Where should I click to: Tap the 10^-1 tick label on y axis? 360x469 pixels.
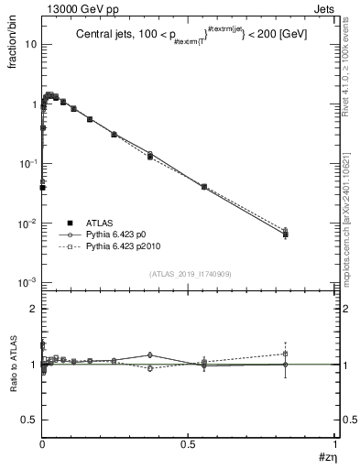pos(27,163)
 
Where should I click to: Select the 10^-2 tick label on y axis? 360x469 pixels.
pos(27,224)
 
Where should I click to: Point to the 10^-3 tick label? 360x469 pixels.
pos(27,283)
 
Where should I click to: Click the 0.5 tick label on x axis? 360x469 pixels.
pos(189,446)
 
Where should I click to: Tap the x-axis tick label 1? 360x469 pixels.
pos(335,446)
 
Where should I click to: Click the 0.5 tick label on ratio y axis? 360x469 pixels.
pos(28,420)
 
